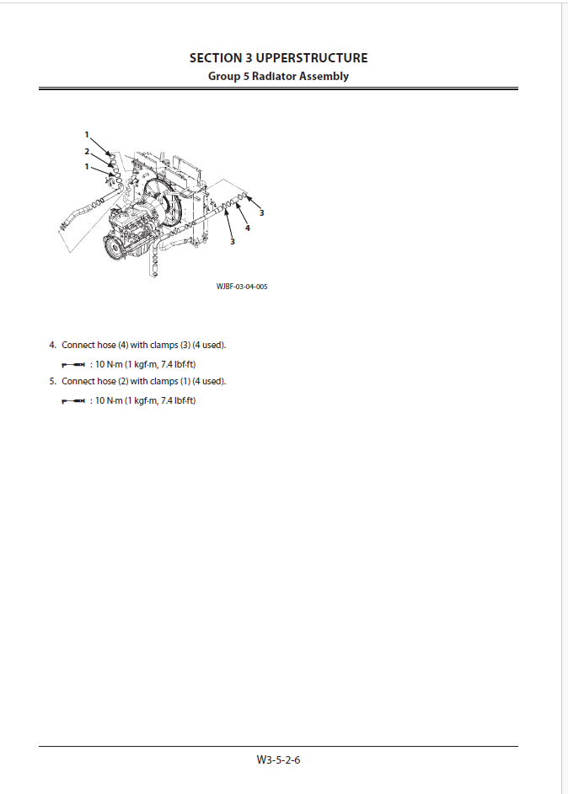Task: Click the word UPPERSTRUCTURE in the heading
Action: click(x=311, y=58)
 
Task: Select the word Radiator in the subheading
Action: click(x=275, y=77)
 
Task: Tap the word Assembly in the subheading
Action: click(x=324, y=77)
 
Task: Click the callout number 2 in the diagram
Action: click(x=87, y=152)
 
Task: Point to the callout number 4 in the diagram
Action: click(x=248, y=228)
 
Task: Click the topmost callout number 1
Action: click(x=87, y=135)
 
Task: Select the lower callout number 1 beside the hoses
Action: click(x=87, y=167)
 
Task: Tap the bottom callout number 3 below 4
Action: click(x=233, y=242)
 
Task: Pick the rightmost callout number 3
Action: click(x=262, y=213)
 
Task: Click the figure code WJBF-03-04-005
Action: click(x=242, y=287)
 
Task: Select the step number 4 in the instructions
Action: click(x=52, y=346)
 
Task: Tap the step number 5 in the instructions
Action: click(x=52, y=381)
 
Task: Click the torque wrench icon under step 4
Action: click(x=73, y=365)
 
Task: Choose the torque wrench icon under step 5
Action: click(x=73, y=401)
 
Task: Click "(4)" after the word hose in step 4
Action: click(x=123, y=346)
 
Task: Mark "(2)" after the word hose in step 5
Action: click(x=123, y=381)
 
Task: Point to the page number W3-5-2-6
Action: click(x=278, y=760)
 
